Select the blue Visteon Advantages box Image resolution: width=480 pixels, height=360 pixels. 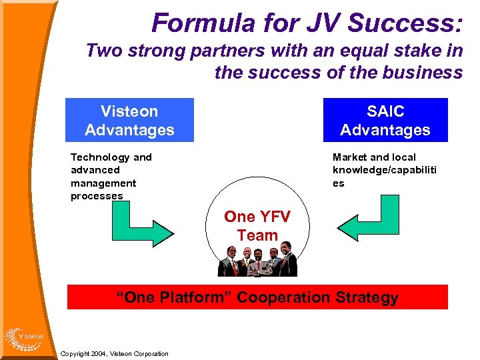[x=129, y=121]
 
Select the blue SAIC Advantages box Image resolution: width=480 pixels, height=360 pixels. [x=385, y=121]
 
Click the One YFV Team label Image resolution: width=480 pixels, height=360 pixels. [x=257, y=226]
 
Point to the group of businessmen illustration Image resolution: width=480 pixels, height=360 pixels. [x=258, y=262]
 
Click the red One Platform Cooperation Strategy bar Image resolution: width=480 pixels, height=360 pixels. [x=257, y=297]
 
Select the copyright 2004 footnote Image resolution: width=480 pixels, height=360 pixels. [x=114, y=353]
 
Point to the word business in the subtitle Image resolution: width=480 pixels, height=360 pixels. [x=425, y=72]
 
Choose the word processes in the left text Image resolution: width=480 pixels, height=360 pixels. [x=97, y=196]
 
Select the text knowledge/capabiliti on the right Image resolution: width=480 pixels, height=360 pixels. [x=385, y=170]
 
